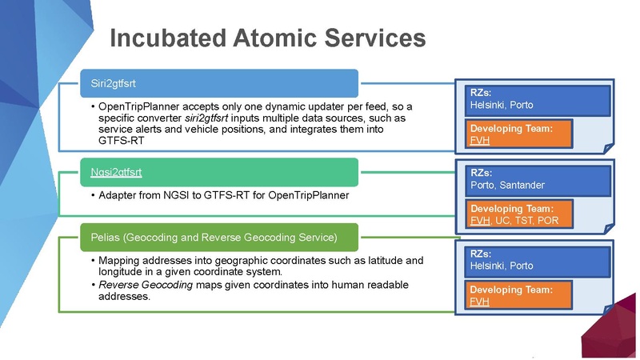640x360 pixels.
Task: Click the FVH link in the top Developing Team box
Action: coord(479,140)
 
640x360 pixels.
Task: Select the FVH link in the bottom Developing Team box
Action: coord(479,302)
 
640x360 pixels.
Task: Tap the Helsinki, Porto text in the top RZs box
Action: coord(501,105)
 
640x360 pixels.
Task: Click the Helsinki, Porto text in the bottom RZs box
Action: coord(501,266)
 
